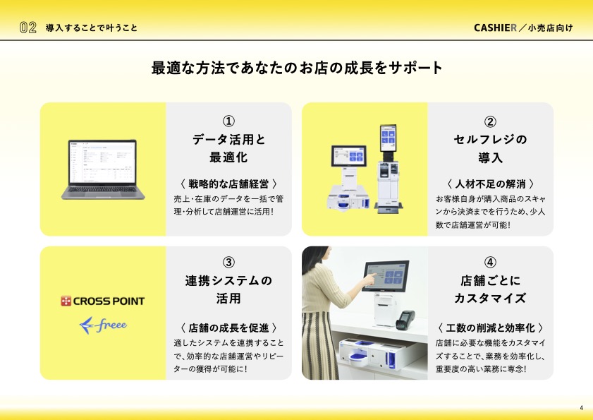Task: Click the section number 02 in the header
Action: point(28,28)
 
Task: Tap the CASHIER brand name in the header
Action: point(495,28)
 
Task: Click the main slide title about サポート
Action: point(296,68)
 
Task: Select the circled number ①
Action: point(228,121)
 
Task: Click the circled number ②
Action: point(490,121)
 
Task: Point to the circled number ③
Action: point(228,262)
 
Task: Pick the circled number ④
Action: point(490,262)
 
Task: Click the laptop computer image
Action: point(103,169)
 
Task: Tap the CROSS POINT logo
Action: point(102,301)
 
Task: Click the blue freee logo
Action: point(103,325)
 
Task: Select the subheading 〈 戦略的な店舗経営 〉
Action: point(228,184)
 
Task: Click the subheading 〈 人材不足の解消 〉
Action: point(490,184)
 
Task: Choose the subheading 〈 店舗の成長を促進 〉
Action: point(228,328)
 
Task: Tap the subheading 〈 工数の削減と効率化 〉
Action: point(490,328)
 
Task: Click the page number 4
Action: point(581,408)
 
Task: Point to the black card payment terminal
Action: point(405,320)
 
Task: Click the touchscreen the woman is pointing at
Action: point(386,276)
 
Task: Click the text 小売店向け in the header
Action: point(551,28)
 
